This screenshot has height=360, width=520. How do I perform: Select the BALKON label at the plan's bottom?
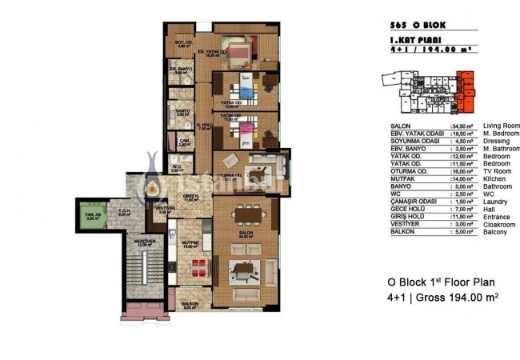tap(190, 305)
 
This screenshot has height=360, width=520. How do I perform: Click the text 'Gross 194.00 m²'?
tap(458, 298)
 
